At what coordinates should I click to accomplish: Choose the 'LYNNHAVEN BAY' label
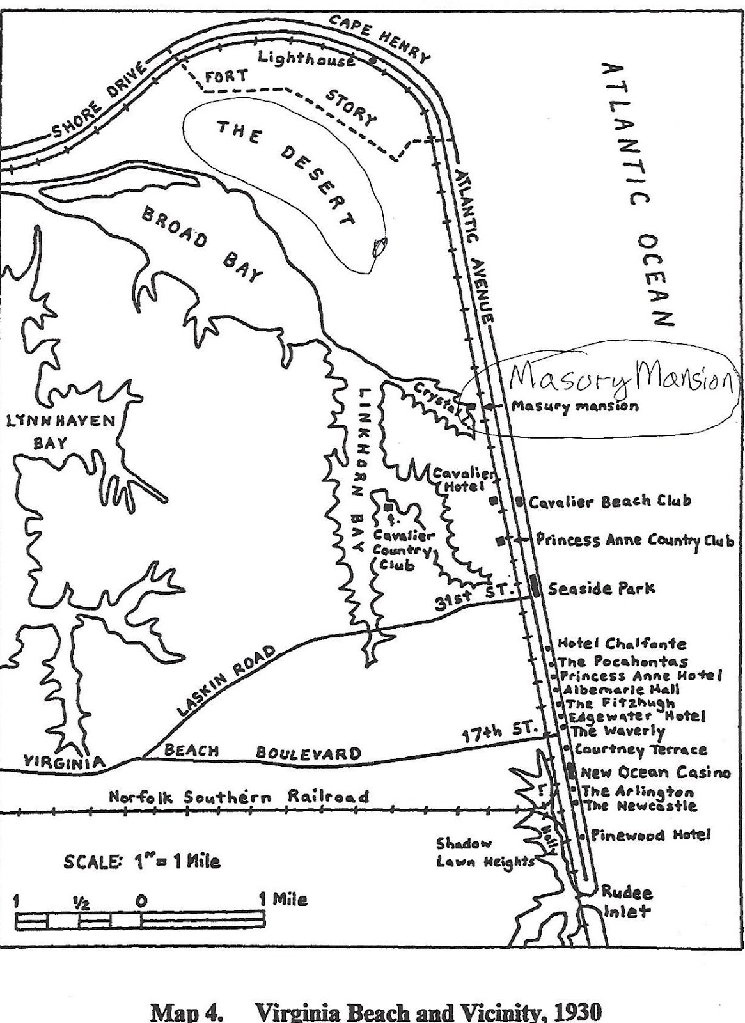pyautogui.click(x=60, y=431)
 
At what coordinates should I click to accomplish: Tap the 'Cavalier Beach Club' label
pyautogui.click(x=609, y=501)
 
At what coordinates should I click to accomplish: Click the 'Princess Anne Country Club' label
pyautogui.click(x=634, y=540)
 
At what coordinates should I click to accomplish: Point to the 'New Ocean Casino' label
pyautogui.click(x=655, y=772)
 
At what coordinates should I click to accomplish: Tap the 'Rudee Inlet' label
pyautogui.click(x=618, y=901)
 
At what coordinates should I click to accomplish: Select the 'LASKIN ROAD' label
pyautogui.click(x=227, y=681)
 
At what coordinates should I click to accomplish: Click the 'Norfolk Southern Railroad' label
pyautogui.click(x=239, y=797)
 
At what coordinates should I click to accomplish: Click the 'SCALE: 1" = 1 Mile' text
pyautogui.click(x=141, y=862)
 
